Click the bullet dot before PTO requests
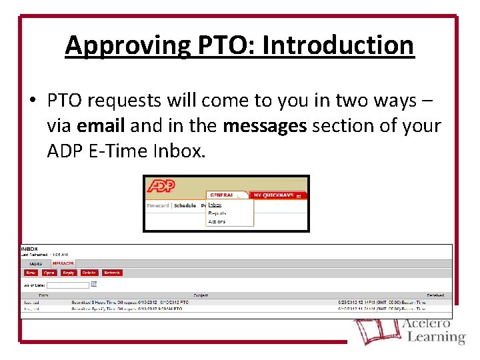coord(32,101)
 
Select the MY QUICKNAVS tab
coord(274,195)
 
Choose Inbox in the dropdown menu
coord(215,205)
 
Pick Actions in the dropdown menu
coord(217,221)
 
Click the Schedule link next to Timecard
coord(185,206)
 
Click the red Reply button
coord(68,273)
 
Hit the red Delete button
coord(89,273)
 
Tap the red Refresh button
coord(112,273)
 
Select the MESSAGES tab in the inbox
coord(63,264)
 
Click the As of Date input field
coord(67,285)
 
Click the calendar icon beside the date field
coord(94,284)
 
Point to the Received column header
coord(435,294)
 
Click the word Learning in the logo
coord(436,337)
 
